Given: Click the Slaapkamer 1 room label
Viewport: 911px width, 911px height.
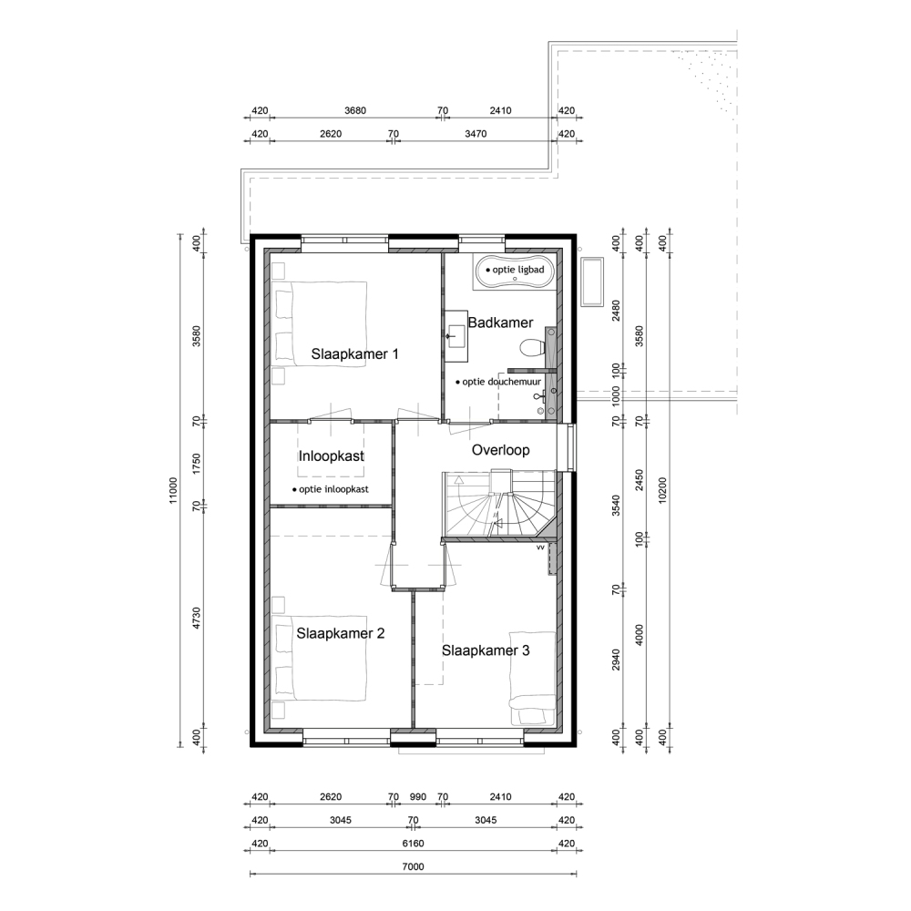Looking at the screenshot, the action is pos(354,353).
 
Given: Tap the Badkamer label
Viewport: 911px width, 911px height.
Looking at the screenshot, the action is pos(500,322).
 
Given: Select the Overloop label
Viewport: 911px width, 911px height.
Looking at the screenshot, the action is pos(500,450).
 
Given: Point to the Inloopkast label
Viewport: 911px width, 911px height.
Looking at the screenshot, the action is pos(332,456).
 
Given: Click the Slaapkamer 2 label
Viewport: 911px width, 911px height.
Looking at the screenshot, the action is pos(341,633).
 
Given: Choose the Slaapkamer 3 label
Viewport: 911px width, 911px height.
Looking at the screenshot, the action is pos(486,650).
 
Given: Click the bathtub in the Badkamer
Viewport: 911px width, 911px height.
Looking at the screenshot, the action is pos(514,271).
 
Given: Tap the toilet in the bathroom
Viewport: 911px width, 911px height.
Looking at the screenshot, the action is pos(533,348).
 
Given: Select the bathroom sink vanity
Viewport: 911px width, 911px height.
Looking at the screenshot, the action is pos(456,336).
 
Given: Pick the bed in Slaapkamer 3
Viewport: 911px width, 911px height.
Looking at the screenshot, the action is pos(532,679).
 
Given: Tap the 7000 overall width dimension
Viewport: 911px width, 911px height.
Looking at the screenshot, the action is pos(413,866).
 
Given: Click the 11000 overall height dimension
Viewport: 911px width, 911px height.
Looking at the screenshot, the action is pos(174,491).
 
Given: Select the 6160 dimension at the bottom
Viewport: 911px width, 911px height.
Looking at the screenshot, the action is pos(413,843).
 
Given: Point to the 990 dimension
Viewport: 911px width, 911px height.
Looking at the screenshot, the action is pos(418,796).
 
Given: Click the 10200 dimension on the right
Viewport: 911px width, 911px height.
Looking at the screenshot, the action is pos(663,491).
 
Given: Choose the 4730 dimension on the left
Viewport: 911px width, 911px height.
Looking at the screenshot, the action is pos(197,619).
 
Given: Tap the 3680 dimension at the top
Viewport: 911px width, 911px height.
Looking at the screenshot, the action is pos(355,110).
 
